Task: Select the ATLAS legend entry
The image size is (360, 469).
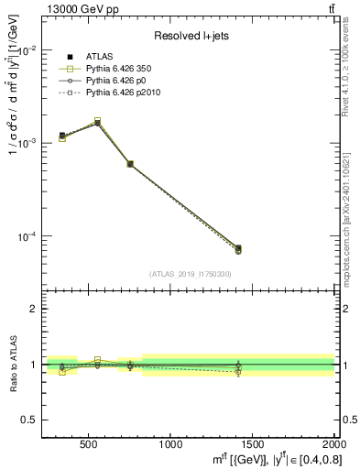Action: click(x=96, y=58)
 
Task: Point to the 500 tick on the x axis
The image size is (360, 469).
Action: click(x=89, y=444)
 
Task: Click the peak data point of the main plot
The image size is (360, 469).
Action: click(x=98, y=122)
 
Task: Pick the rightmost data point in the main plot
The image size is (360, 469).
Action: click(x=238, y=248)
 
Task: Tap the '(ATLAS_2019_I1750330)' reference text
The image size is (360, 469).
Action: click(x=190, y=274)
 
